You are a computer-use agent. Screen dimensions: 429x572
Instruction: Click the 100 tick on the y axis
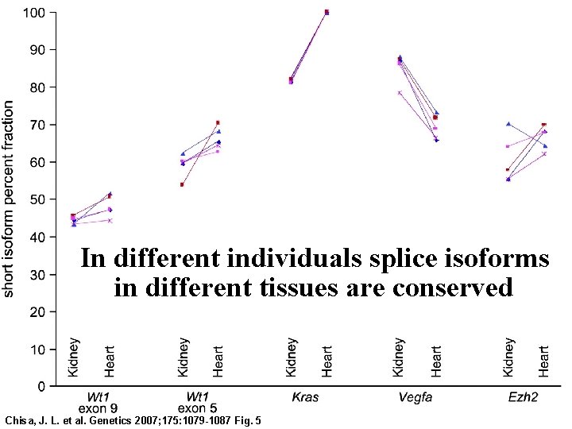[x=34, y=13]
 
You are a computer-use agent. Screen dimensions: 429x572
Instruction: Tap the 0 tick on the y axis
[x=41, y=387]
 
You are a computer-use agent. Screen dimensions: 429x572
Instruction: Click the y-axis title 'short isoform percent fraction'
[x=9, y=199]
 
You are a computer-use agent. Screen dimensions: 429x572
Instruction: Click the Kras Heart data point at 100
[x=327, y=13]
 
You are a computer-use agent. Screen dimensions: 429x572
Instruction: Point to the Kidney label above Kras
[x=291, y=357]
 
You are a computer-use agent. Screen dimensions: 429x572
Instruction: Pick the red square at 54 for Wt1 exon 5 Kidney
[x=182, y=184]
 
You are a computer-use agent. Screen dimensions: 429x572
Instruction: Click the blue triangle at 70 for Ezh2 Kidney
[x=508, y=124]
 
